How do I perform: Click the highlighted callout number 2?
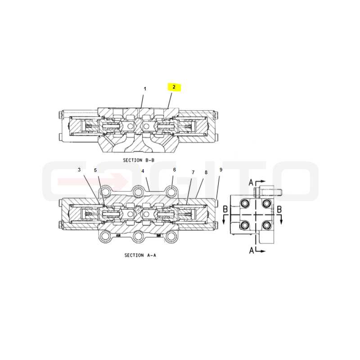click(x=174, y=87)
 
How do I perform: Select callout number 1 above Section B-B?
click(x=145, y=89)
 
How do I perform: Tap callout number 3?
click(x=79, y=170)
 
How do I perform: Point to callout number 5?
click(x=95, y=170)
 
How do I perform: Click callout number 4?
click(x=143, y=171)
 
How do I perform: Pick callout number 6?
click(x=175, y=170)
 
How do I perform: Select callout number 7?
click(x=193, y=172)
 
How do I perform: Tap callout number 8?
click(x=206, y=172)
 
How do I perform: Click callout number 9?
click(x=221, y=170)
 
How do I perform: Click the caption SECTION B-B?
click(x=139, y=160)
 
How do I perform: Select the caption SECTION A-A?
click(x=140, y=255)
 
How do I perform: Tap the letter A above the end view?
click(x=251, y=183)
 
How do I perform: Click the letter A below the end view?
click(x=252, y=251)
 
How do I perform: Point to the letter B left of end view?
click(x=225, y=209)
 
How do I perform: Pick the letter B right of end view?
click(x=279, y=209)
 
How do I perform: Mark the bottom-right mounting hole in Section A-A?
click(x=171, y=236)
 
